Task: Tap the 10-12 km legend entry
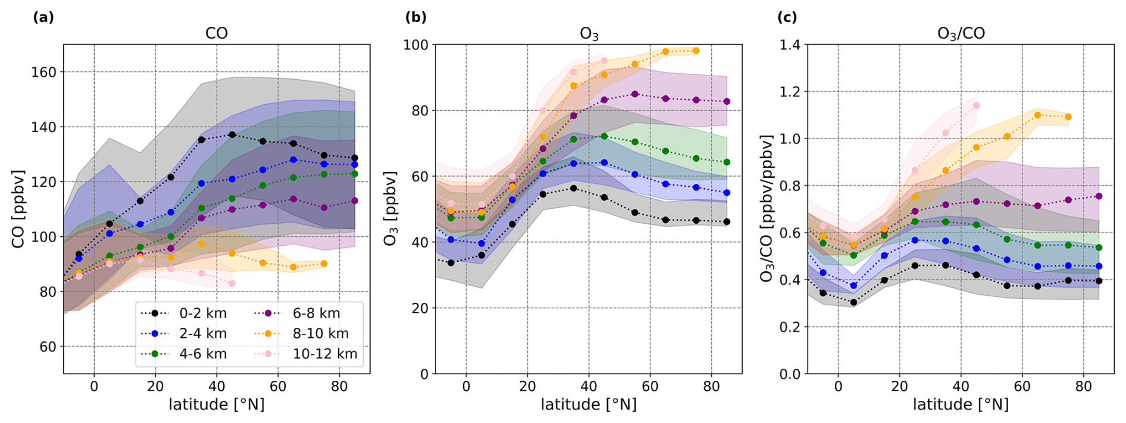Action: pos(324,354)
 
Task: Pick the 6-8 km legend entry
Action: pos(316,314)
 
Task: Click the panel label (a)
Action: pos(43,17)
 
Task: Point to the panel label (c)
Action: pos(787,17)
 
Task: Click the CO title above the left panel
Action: pos(217,33)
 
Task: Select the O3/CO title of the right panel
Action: pos(961,33)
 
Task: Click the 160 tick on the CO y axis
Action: pos(43,72)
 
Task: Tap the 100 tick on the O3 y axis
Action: pos(415,45)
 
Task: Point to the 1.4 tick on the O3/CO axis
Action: pos(790,45)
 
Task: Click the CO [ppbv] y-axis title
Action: pos(18,209)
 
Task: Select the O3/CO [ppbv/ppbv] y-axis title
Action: pos(767,209)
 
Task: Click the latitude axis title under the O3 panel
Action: pos(589,405)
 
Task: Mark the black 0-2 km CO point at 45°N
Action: pos(232,134)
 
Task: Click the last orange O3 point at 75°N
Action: pos(696,51)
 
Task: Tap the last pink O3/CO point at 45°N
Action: pos(976,106)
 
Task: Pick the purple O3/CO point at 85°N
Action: pos(1099,196)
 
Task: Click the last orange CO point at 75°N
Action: pos(324,264)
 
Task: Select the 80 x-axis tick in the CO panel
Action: pos(339,386)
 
